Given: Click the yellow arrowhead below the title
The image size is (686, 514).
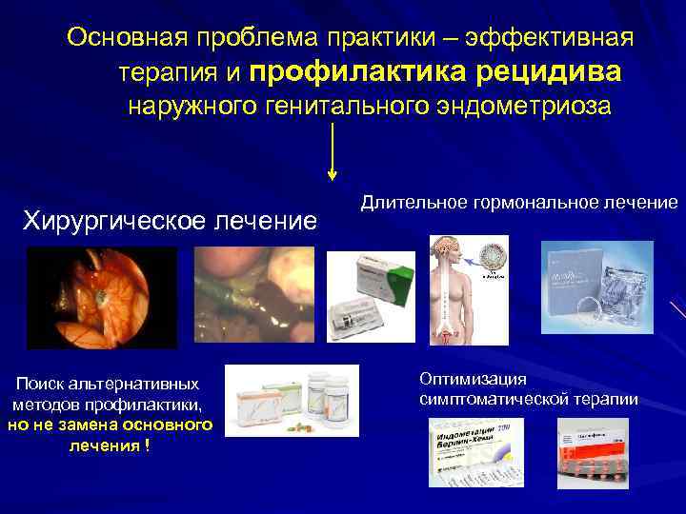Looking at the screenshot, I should [332, 174].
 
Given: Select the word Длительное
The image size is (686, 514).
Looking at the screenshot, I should [408, 203].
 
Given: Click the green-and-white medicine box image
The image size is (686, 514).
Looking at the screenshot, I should [371, 296].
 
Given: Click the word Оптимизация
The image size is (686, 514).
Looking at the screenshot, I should [464, 379].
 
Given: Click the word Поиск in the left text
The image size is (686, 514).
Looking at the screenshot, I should [37, 384].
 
